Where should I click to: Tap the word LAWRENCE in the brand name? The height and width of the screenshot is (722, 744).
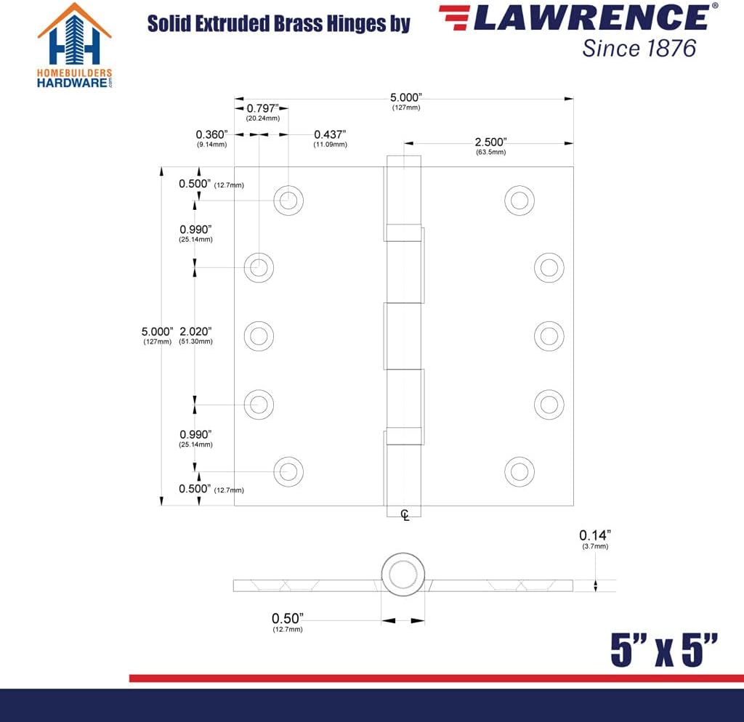(591, 18)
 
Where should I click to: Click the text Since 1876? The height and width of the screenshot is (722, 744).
(639, 49)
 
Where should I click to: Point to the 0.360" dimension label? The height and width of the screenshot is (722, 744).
(211, 134)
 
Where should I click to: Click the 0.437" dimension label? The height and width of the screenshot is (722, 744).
(330, 134)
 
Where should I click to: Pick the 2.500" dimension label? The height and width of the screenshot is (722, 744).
(490, 142)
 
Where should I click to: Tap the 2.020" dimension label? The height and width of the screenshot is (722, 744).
(195, 331)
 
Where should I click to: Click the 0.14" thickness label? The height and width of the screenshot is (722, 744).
(595, 535)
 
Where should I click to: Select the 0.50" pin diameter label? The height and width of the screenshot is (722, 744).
(288, 619)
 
